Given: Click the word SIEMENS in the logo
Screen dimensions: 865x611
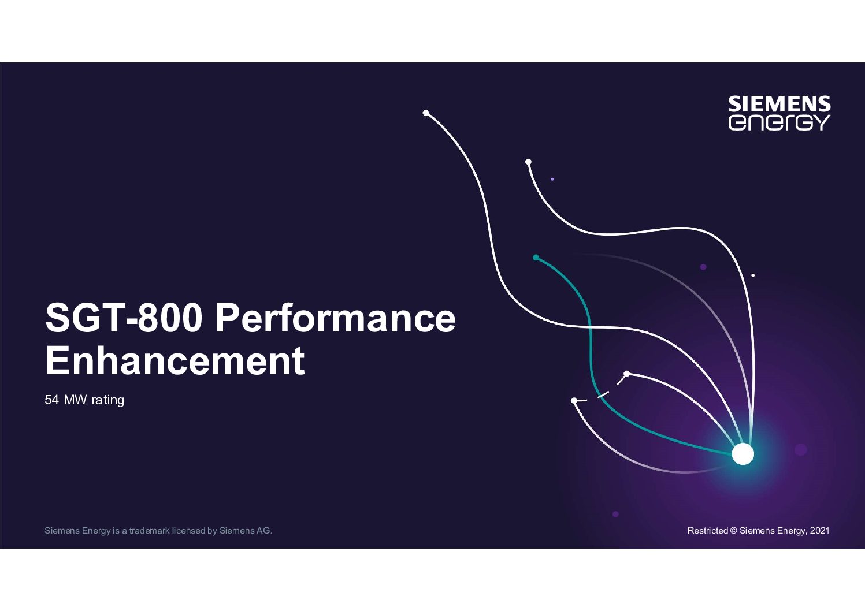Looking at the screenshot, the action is point(779,104).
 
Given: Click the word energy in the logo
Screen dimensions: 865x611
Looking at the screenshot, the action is point(779,122).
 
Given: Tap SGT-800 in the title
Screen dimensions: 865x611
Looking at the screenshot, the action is point(124,318).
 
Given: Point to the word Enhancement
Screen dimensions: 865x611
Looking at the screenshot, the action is point(175,360).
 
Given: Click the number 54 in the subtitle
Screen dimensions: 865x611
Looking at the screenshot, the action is point(51,400).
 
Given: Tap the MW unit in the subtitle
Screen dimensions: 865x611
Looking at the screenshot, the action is point(75,400).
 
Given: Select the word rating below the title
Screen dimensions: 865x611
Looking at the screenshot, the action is point(108,400).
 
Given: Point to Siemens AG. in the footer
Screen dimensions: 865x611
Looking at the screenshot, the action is point(246,531).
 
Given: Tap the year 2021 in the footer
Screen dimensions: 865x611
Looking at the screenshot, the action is point(820,531).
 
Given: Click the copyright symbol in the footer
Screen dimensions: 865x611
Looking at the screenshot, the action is point(734,531).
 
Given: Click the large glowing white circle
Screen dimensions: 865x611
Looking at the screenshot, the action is point(743,454).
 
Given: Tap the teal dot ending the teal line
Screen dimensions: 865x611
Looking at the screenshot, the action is point(536,258).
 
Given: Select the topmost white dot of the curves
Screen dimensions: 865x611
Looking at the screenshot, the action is point(425,113).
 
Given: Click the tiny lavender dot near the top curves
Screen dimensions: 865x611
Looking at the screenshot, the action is point(552,179).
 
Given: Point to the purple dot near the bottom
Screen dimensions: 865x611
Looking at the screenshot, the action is point(615,514).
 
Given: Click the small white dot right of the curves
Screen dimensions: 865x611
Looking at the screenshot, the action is point(753,275).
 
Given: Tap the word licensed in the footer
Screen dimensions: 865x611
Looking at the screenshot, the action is point(188,531).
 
